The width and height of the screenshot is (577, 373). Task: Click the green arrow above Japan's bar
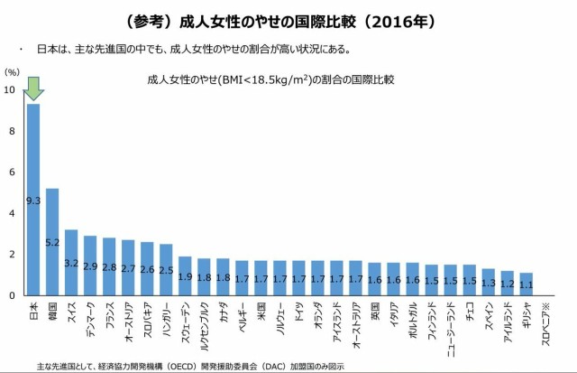click(x=33, y=89)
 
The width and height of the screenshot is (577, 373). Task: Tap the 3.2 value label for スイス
click(x=71, y=263)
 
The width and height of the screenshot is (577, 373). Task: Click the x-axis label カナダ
click(x=223, y=312)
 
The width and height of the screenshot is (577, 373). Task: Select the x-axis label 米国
click(x=261, y=310)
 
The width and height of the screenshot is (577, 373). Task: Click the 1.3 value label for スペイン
click(x=488, y=283)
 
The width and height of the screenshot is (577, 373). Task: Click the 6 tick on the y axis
click(x=11, y=172)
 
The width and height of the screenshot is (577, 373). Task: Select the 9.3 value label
click(x=33, y=200)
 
